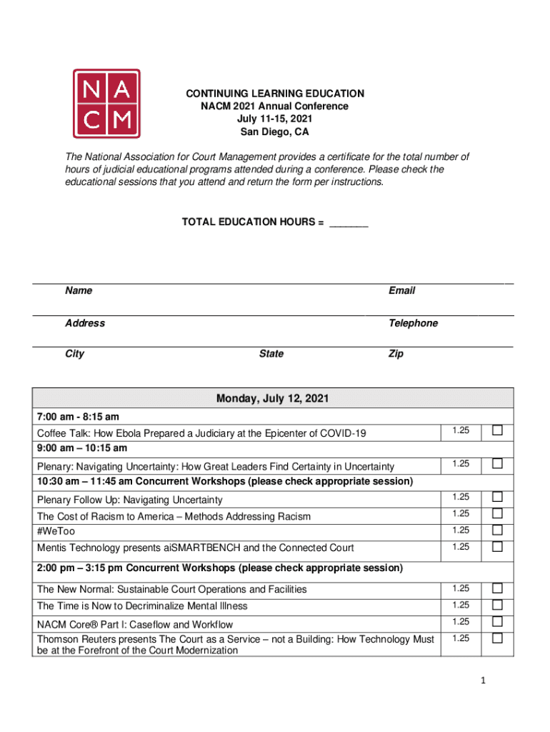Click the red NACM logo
click(x=106, y=104)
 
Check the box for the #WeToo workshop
click(x=497, y=530)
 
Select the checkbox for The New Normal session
click(x=497, y=588)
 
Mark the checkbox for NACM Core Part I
click(x=497, y=622)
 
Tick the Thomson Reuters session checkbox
click(x=497, y=638)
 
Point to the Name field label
click(x=79, y=291)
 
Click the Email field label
click(x=401, y=291)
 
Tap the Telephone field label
click(x=413, y=323)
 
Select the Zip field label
click(x=396, y=354)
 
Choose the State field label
click(x=271, y=354)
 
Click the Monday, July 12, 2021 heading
click(x=273, y=399)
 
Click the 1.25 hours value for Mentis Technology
click(x=461, y=547)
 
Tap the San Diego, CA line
click(x=275, y=132)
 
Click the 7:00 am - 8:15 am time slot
click(x=79, y=417)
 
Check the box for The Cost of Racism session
click(x=497, y=513)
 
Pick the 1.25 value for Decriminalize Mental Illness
click(x=461, y=605)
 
